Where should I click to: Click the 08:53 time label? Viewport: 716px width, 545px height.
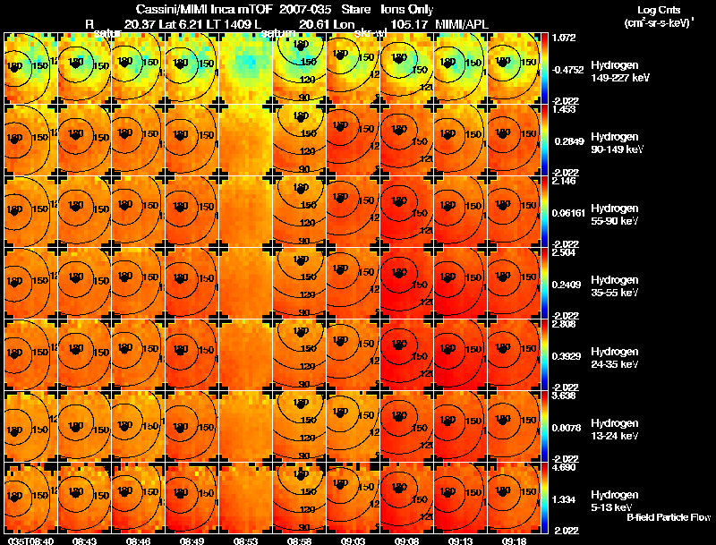click(x=245, y=541)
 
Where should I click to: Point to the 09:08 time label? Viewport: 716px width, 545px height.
click(x=408, y=541)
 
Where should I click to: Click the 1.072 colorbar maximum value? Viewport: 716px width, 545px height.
click(x=564, y=38)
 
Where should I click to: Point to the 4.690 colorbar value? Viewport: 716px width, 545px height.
click(x=564, y=467)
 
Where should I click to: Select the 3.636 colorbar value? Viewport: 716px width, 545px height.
click(x=564, y=396)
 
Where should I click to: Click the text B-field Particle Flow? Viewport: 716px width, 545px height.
click(x=669, y=517)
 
